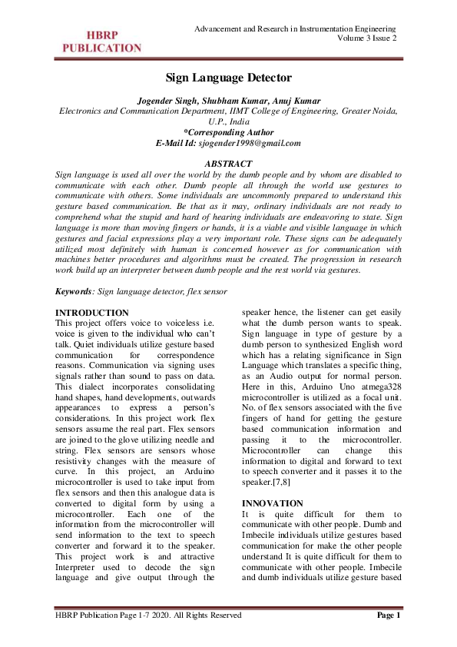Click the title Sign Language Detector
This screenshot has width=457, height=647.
228,78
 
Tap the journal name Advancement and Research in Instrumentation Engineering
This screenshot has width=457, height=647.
296,28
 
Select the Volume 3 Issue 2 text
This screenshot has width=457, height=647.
367,38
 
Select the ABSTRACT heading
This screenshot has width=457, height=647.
229,164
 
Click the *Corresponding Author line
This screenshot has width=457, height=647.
228,132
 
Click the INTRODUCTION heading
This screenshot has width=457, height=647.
93,313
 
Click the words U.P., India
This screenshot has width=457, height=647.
228,121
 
